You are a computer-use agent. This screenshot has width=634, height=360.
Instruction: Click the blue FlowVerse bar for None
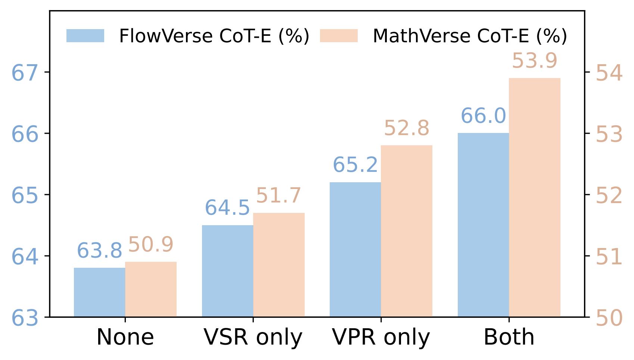click(99, 292)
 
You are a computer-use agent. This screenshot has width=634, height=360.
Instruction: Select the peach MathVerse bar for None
click(151, 289)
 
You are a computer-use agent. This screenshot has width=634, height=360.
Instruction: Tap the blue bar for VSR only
click(227, 271)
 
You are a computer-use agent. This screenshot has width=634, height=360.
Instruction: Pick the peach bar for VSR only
click(279, 265)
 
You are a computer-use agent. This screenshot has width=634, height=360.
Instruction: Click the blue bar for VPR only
click(355, 249)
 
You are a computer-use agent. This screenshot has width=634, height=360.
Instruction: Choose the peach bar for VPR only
click(407, 231)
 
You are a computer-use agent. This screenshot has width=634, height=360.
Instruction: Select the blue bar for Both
click(483, 225)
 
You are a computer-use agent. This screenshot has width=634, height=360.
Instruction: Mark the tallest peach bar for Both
click(535, 197)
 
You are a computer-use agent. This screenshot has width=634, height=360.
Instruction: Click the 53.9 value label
click(534, 61)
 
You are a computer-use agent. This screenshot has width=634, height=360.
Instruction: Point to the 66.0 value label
click(483, 116)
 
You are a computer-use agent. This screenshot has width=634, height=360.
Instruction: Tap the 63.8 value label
click(99, 251)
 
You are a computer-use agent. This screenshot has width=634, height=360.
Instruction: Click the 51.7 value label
click(279, 196)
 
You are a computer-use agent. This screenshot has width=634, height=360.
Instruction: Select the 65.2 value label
click(355, 165)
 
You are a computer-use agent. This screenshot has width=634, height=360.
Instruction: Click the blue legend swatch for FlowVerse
click(85, 36)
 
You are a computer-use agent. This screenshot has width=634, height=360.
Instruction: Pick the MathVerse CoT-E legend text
click(470, 36)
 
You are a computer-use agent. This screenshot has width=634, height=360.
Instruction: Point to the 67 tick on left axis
click(25, 73)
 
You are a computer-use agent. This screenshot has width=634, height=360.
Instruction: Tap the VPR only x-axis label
click(381, 338)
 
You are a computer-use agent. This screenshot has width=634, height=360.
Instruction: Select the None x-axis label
click(125, 338)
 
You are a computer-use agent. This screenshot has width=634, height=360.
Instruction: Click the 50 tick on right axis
click(609, 318)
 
